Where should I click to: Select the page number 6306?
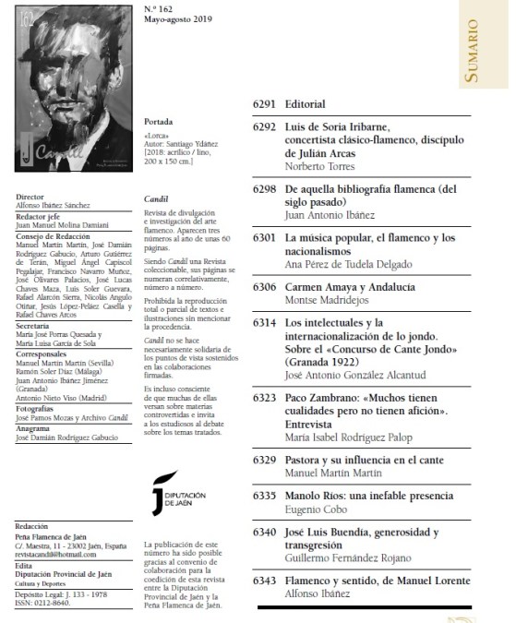coord(265,288)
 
